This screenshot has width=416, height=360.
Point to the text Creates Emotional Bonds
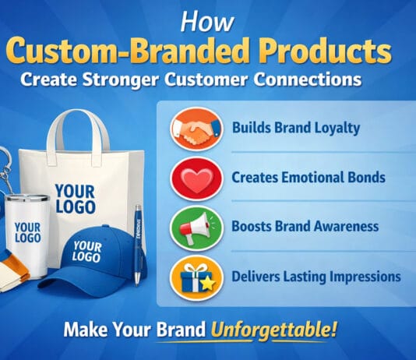pyautogui.click(x=308, y=178)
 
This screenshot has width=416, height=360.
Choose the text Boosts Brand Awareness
pyautogui.click(x=305, y=227)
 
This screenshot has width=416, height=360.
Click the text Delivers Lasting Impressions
pyautogui.click(x=316, y=277)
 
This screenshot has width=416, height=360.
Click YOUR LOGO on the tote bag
pyautogui.click(x=75, y=198)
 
